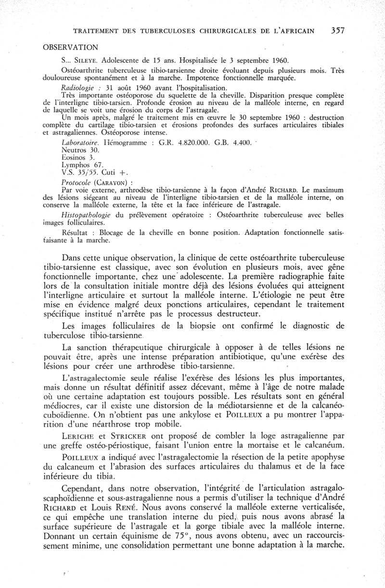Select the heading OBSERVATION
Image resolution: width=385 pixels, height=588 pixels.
[x=71, y=47]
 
